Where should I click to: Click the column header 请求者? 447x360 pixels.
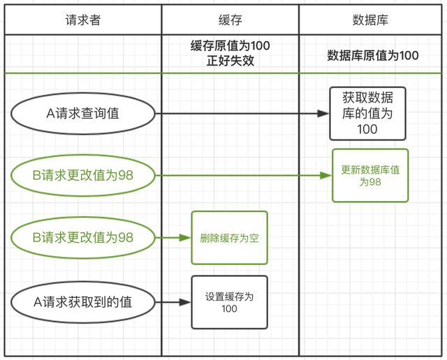pos(82,20)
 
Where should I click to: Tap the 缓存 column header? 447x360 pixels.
pos(230,20)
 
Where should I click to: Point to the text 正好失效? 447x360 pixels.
pos(230,60)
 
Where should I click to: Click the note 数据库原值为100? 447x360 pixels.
pos(372,55)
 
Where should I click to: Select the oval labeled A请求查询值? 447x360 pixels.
pos(82,113)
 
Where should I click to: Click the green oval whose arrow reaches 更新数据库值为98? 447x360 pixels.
pos(82,176)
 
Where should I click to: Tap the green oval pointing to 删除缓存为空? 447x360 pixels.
pos(82,238)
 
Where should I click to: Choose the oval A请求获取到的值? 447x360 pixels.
pos(82,303)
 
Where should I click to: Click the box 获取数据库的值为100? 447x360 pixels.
pos(367,113)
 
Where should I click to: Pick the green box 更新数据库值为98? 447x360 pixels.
pos(369,175)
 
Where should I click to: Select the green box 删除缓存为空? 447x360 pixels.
pos(229,238)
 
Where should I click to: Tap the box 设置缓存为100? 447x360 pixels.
pos(229,303)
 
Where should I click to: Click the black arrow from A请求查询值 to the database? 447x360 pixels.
pos(244,113)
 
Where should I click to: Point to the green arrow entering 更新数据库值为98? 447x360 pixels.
pos(244,176)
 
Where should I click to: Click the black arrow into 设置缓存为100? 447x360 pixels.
pos(173,303)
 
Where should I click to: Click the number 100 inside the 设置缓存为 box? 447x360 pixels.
pos(229,309)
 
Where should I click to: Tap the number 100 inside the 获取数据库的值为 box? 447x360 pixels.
pos(367,128)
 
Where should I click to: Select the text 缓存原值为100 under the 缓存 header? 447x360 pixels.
pos(230,46)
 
